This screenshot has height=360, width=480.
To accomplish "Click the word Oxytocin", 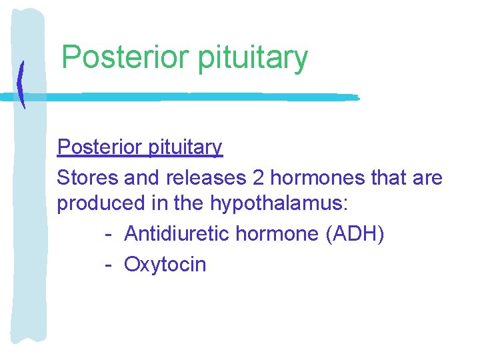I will point(165,265).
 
